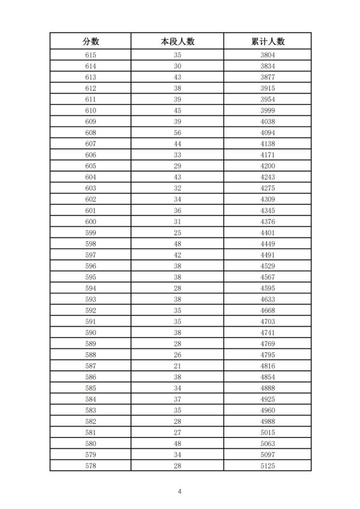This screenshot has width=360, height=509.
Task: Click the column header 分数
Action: tap(91, 41)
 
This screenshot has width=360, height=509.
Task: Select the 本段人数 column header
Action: tap(178, 41)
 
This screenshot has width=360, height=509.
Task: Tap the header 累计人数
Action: tap(268, 41)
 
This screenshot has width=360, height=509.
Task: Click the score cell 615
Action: tap(91, 55)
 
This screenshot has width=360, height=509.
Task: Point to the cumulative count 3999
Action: tap(268, 110)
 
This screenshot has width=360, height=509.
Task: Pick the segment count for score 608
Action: tap(178, 133)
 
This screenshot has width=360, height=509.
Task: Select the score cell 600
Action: tap(91, 221)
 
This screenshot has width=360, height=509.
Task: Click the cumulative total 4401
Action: tap(268, 232)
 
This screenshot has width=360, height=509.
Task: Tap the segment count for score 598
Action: tap(178, 243)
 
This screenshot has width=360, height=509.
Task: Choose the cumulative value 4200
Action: tap(268, 166)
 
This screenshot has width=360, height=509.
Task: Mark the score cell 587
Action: tap(91, 365)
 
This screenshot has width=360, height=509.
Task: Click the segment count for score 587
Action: tap(178, 365)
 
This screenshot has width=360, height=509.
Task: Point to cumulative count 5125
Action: tap(268, 465)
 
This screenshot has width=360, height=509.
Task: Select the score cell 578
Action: tap(91, 465)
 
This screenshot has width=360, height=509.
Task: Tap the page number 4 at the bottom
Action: tap(179, 492)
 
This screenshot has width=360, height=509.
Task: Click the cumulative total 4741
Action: tap(268, 332)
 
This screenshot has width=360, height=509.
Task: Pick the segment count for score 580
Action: tap(178, 443)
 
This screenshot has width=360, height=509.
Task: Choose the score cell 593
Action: tap(91, 298)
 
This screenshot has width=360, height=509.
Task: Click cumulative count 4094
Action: tap(268, 133)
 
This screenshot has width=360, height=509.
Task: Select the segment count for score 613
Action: tap(178, 77)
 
